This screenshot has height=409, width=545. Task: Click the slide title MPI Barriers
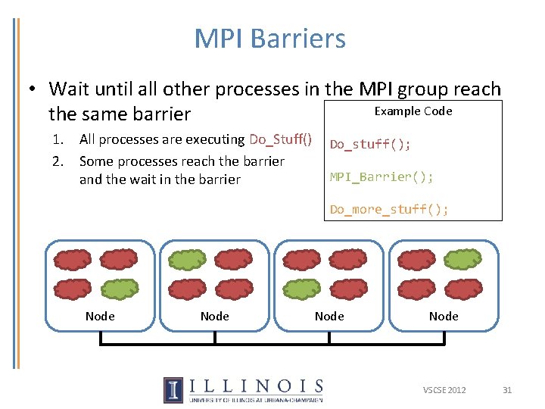269,39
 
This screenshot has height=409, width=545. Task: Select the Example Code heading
413,111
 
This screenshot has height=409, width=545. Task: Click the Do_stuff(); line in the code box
370,145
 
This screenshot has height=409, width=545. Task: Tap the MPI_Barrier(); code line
381,176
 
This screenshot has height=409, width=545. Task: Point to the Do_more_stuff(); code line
389,210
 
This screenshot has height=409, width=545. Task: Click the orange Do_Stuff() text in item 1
280,139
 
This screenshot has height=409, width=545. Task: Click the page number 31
507,390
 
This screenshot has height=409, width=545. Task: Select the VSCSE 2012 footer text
444,390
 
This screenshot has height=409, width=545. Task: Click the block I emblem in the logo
173,389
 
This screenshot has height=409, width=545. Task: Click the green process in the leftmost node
120,289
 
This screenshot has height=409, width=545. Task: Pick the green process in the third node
301,289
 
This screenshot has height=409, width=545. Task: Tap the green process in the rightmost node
462,260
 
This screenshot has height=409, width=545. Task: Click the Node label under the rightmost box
444,316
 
